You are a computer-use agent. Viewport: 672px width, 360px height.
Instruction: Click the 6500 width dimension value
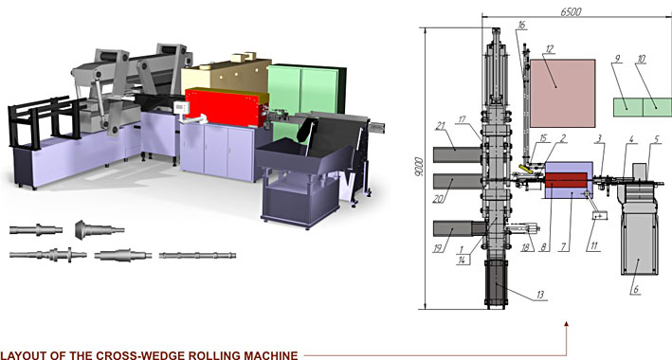pyautogui.click(x=571, y=11)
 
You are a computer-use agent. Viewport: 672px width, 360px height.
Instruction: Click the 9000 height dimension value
pyautogui.click(x=419, y=167)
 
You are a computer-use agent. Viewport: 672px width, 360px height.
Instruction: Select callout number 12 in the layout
pyautogui.click(x=550, y=48)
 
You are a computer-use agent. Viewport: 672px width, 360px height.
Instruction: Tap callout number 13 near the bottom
pyautogui.click(x=540, y=295)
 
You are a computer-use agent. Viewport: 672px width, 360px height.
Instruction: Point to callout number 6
pyautogui.click(x=636, y=289)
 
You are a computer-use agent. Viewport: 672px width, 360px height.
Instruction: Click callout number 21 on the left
pyautogui.click(x=441, y=126)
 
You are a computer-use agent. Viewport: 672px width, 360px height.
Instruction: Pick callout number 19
pyautogui.click(x=438, y=247)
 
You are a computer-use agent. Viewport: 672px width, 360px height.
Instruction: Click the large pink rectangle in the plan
pyautogui.click(x=562, y=94)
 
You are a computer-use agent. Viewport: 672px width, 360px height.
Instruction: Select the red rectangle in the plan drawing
pyautogui.click(x=566, y=180)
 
